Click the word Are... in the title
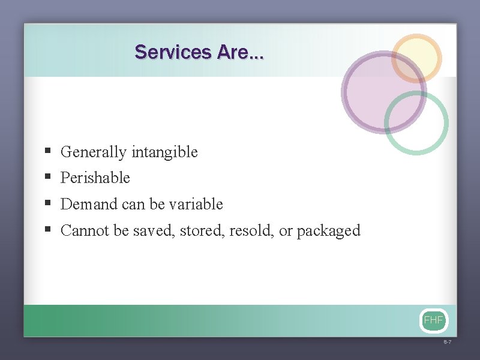[240, 52]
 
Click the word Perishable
[95, 178]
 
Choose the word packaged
[328, 231]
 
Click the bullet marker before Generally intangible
[47, 152]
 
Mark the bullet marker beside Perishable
[47, 178]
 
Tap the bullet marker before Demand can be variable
[47, 204]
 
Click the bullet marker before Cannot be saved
[47, 230]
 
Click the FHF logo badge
[433, 320]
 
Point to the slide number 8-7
[447, 342]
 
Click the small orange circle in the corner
[416, 58]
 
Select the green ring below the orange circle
[416, 123]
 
